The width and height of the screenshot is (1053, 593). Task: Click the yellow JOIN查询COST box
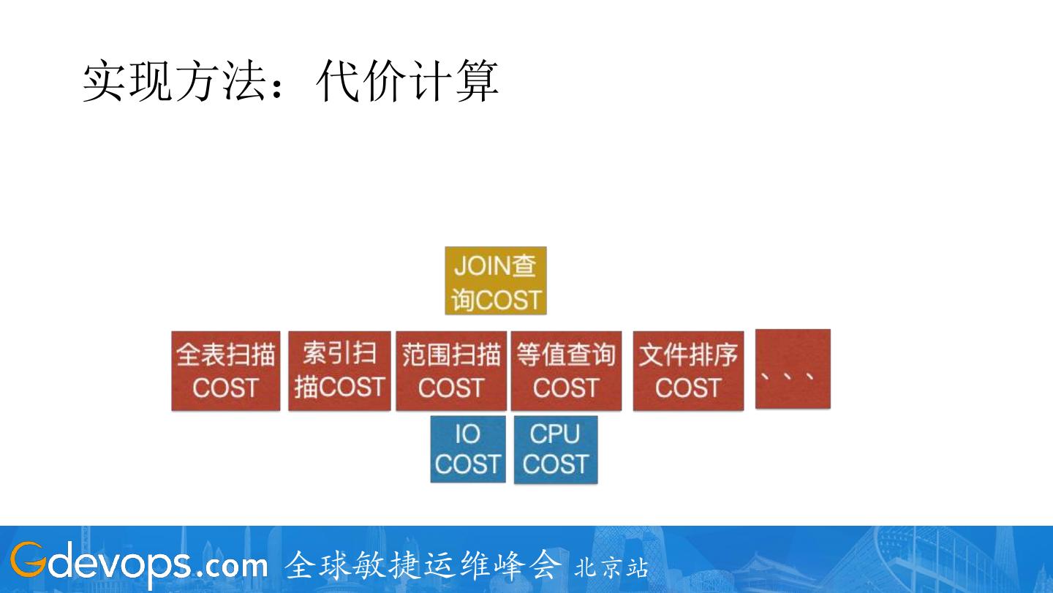496,281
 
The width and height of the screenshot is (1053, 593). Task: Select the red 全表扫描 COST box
226,371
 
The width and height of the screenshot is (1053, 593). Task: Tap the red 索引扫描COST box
339,371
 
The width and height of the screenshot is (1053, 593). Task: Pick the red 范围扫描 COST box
451,371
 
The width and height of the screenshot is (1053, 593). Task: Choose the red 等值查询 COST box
566,371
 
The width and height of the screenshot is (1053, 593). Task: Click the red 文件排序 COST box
688,371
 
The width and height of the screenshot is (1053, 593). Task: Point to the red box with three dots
793,369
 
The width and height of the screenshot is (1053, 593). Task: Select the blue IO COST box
468,449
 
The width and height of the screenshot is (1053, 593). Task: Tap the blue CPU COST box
556,449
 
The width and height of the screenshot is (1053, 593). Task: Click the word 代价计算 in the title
407,80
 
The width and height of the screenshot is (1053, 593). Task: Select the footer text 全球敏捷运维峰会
423,564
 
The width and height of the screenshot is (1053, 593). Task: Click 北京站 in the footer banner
611,567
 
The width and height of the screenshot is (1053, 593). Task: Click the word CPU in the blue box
555,434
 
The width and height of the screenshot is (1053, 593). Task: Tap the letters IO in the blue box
468,434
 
